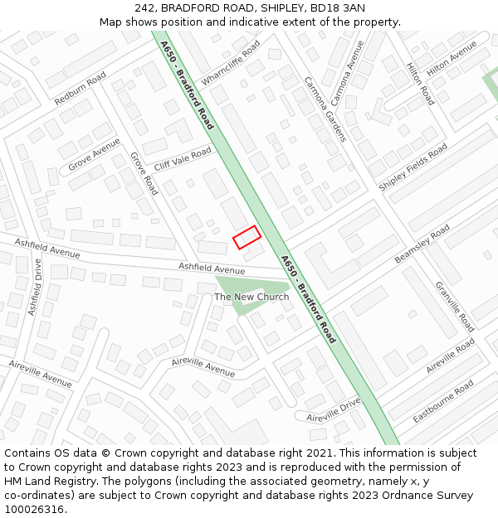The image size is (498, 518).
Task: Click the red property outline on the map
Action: [x=247, y=237]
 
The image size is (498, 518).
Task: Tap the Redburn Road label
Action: [x=81, y=88]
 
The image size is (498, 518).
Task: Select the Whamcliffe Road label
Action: [x=231, y=61]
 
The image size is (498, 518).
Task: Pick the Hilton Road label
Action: [x=420, y=84]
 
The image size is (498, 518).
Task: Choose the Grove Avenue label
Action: [x=94, y=154]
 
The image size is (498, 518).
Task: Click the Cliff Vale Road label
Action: [x=183, y=159]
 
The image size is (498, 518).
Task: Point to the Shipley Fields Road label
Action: [x=413, y=167]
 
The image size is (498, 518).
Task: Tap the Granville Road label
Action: [x=454, y=307]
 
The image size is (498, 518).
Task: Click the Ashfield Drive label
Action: [x=35, y=286]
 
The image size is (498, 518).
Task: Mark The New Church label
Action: [x=251, y=297]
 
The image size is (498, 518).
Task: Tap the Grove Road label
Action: [x=144, y=173]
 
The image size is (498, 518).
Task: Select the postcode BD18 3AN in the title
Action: [x=338, y=8]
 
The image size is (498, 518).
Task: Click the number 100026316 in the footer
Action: [x=34, y=509]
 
